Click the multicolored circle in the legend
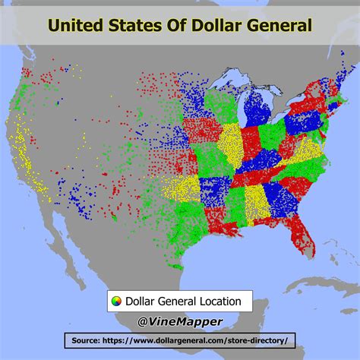pos(115,302)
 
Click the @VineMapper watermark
pos(179,321)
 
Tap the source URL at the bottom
pos(199,340)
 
